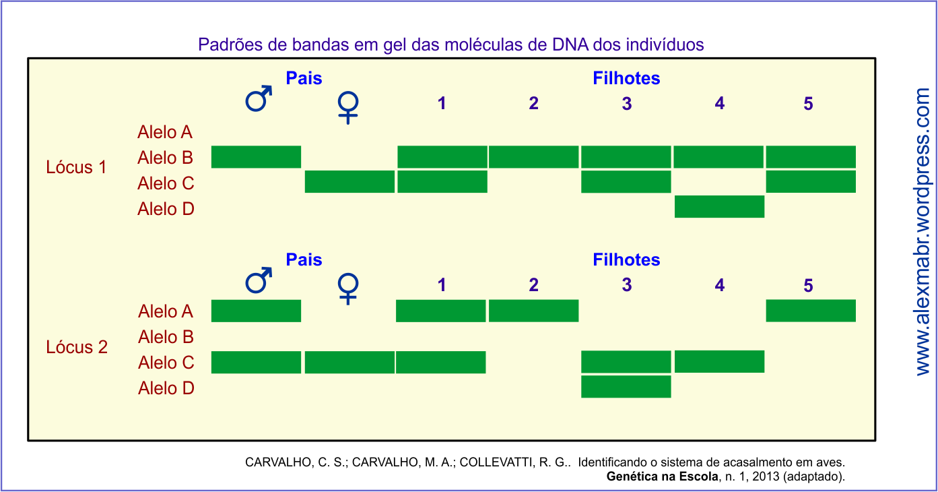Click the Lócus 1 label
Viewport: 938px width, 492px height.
click(76, 167)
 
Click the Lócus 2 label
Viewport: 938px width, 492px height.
click(76, 348)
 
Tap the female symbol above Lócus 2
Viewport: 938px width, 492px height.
click(348, 288)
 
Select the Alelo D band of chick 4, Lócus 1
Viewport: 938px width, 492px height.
click(719, 207)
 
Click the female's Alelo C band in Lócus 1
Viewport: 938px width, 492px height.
click(349, 182)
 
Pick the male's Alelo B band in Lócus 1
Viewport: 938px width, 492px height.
click(256, 156)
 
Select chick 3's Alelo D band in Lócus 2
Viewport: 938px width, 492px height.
click(626, 387)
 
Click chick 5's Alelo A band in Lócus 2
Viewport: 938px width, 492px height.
click(811, 311)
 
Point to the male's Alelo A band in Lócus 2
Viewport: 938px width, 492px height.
click(256, 311)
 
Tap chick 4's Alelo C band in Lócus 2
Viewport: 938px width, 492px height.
click(719, 362)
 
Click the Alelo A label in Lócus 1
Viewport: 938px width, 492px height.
click(165, 132)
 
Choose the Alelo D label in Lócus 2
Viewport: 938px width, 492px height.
click(166, 388)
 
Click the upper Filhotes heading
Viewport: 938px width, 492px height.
click(626, 78)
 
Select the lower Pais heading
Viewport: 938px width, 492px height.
click(304, 260)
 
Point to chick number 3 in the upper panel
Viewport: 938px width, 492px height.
click(627, 104)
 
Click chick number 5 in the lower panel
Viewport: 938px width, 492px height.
click(808, 286)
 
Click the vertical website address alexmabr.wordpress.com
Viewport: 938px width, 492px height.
click(922, 233)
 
